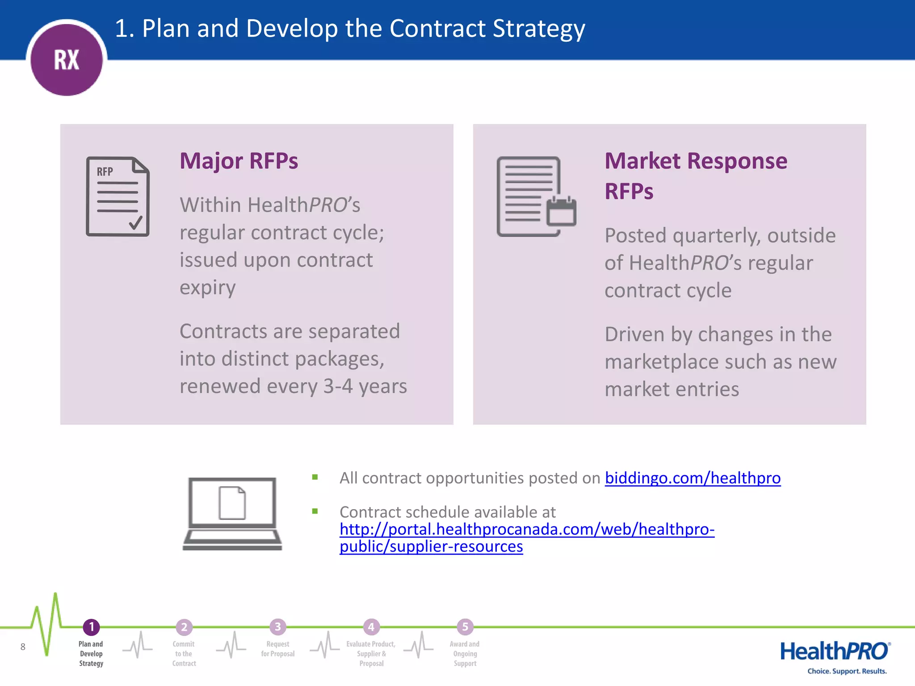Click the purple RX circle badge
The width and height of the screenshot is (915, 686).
(67, 59)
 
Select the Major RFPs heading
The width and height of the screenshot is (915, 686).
(239, 161)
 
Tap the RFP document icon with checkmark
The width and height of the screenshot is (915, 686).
(118, 197)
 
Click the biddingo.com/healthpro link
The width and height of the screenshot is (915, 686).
(693, 478)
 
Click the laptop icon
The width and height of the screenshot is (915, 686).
(232, 514)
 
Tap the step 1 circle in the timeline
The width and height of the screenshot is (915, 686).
(92, 627)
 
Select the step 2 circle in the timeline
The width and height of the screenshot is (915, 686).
(184, 627)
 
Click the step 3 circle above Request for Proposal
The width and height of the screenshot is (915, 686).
(277, 627)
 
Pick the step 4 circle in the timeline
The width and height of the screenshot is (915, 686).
(371, 627)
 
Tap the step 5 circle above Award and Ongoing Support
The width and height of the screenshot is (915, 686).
(465, 627)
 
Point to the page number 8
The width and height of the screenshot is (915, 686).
(23, 647)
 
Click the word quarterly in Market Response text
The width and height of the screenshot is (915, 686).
(717, 236)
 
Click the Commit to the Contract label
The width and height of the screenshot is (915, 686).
(184, 654)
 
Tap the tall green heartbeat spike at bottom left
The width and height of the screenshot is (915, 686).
(55, 612)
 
